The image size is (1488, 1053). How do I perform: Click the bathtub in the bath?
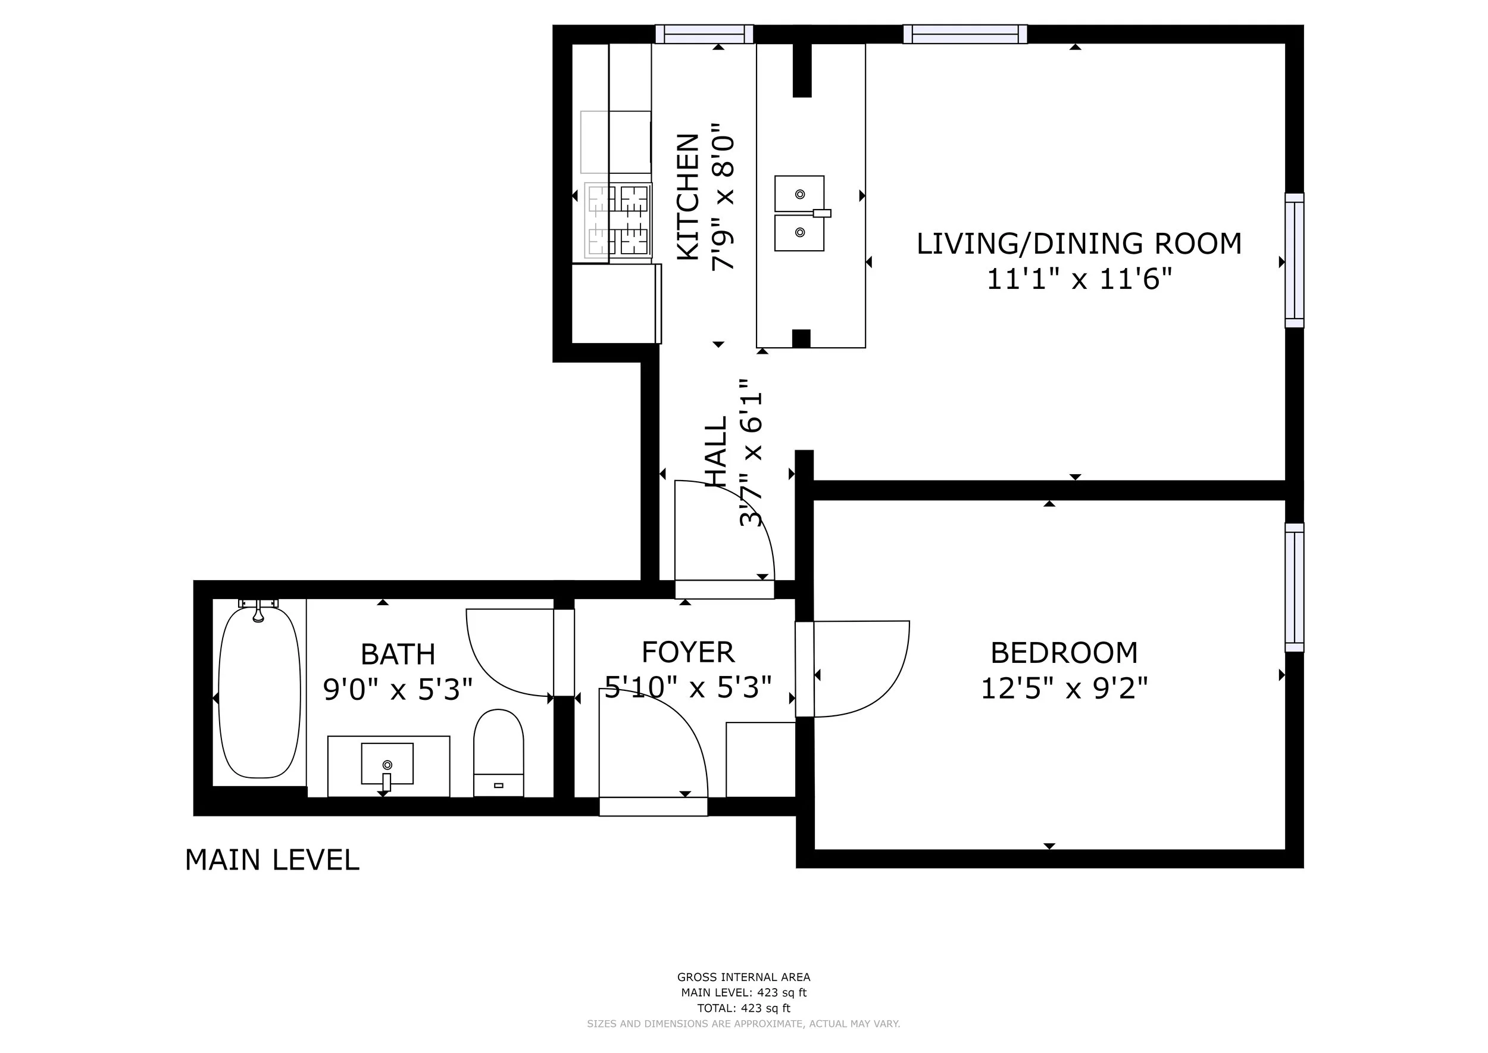(260, 692)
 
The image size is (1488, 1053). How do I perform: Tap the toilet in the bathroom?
(498, 752)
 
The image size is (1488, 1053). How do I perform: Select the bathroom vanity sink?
(387, 767)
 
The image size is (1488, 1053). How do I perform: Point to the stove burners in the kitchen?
(618, 220)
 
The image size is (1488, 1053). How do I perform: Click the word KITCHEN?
(688, 197)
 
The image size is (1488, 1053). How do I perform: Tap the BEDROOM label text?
(1064, 653)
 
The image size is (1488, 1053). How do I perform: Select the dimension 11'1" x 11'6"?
(1079, 279)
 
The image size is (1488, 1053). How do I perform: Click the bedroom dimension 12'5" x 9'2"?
(1064, 688)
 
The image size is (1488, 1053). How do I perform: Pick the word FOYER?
(688, 652)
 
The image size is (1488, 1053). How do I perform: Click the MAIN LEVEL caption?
(272, 861)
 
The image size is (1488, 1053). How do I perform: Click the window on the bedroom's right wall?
(1294, 587)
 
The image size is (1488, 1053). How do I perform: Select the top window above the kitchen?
(705, 34)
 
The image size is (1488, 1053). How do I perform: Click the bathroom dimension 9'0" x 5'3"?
(398, 690)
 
